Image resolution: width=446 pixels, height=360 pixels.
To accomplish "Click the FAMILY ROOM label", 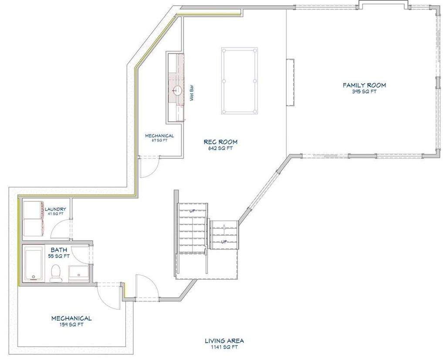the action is pyautogui.click(x=364, y=85).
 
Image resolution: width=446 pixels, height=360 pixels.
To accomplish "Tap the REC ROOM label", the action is pyautogui.click(x=220, y=142).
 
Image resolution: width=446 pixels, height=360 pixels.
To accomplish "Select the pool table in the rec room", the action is pyautogui.click(x=240, y=81).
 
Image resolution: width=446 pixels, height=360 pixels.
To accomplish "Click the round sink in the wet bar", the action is pyautogui.click(x=177, y=91).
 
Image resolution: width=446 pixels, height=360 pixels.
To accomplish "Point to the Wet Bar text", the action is pyautogui.click(x=192, y=93).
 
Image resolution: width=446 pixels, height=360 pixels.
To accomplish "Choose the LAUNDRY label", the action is pyautogui.click(x=55, y=209).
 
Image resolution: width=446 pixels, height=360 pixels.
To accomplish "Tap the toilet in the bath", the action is pyautogui.click(x=56, y=273).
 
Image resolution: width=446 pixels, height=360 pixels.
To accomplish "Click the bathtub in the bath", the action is pyautogui.click(x=34, y=264).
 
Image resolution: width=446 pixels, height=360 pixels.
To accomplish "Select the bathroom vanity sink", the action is pyautogui.click(x=78, y=272).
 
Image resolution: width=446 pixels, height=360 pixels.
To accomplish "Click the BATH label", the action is pyautogui.click(x=59, y=250).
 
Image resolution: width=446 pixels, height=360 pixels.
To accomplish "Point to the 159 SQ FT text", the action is pyautogui.click(x=71, y=324).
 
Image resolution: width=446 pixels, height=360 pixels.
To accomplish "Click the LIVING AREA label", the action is pyautogui.click(x=224, y=341).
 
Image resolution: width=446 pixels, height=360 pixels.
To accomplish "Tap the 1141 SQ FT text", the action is pyautogui.click(x=224, y=347).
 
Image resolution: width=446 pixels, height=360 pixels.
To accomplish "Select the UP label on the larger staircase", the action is pyautogui.click(x=193, y=211).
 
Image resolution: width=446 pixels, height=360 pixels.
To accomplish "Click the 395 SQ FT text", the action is pyautogui.click(x=364, y=92).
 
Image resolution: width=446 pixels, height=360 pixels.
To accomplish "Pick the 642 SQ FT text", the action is pyautogui.click(x=220, y=148).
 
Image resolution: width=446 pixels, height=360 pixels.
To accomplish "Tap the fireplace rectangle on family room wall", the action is pyautogui.click(x=290, y=82).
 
